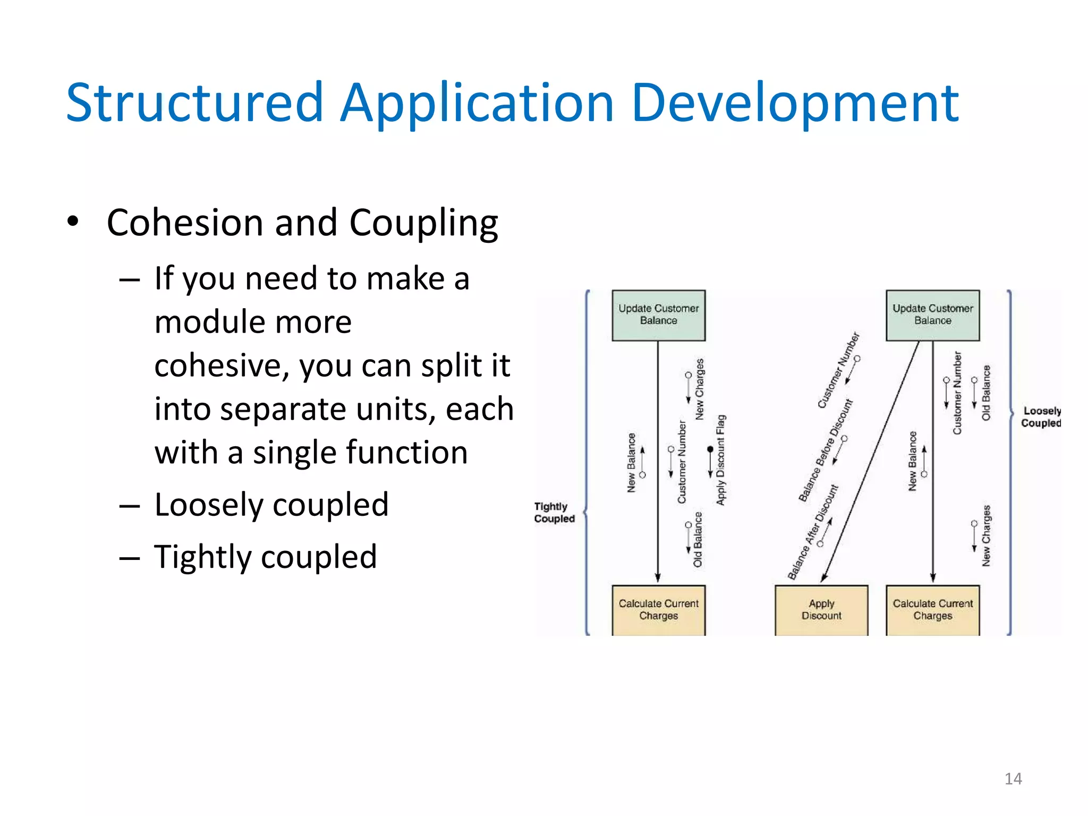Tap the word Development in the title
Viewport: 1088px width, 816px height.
[795, 104]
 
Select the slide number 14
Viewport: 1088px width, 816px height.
[1013, 779]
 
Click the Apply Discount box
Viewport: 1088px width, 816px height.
[821, 610]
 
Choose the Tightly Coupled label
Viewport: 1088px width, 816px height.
[554, 513]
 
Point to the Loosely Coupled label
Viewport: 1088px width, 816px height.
[1041, 417]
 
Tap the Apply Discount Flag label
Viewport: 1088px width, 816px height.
[721, 460]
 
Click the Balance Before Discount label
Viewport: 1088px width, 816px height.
[825, 450]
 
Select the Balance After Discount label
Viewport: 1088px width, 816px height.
[812, 532]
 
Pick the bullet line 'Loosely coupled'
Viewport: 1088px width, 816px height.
[271, 505]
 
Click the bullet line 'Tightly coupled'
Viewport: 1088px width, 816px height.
[266, 557]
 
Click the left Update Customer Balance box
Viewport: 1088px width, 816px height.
[658, 315]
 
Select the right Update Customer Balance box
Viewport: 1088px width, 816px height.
[932, 315]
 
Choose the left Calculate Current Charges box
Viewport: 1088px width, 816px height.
[658, 610]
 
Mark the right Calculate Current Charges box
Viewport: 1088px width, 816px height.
[932, 610]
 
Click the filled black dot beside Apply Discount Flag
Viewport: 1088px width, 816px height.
[710, 449]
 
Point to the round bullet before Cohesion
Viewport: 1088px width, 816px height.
[73, 221]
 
